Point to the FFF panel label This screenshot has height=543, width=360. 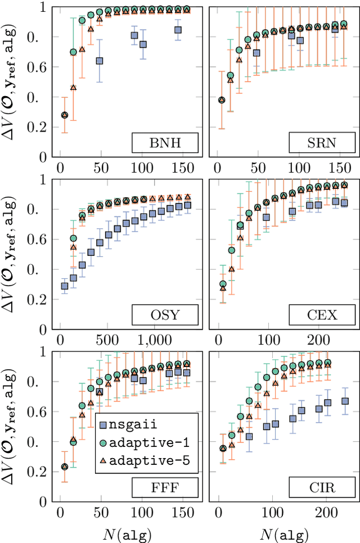pos(165,487)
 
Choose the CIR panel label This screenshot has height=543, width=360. pos(323,487)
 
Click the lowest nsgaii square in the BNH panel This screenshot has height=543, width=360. pos(100,61)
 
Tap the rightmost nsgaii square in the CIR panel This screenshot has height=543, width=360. pos(345,401)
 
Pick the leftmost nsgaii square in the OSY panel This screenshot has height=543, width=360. pos(64,286)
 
